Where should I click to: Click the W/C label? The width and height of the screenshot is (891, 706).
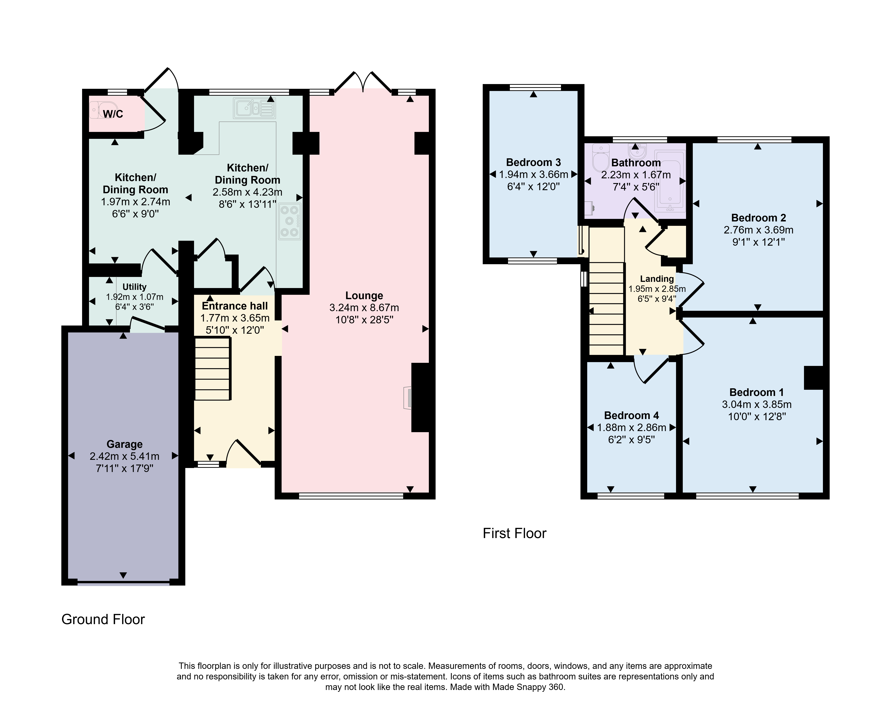tap(113, 114)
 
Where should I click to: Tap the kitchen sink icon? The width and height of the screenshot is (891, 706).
tap(254, 108)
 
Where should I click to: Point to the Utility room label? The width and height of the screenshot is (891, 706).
tap(134, 287)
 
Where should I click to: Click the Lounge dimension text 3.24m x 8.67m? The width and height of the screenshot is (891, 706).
tap(364, 308)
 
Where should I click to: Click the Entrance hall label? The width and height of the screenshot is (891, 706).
tap(235, 306)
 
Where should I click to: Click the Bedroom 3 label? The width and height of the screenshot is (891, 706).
tap(534, 162)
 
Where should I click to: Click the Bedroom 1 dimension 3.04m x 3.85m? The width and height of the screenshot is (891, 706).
tap(757, 404)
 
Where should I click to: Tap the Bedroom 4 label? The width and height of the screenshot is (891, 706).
tap(631, 416)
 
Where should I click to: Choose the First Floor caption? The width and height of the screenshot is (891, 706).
tap(515, 533)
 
